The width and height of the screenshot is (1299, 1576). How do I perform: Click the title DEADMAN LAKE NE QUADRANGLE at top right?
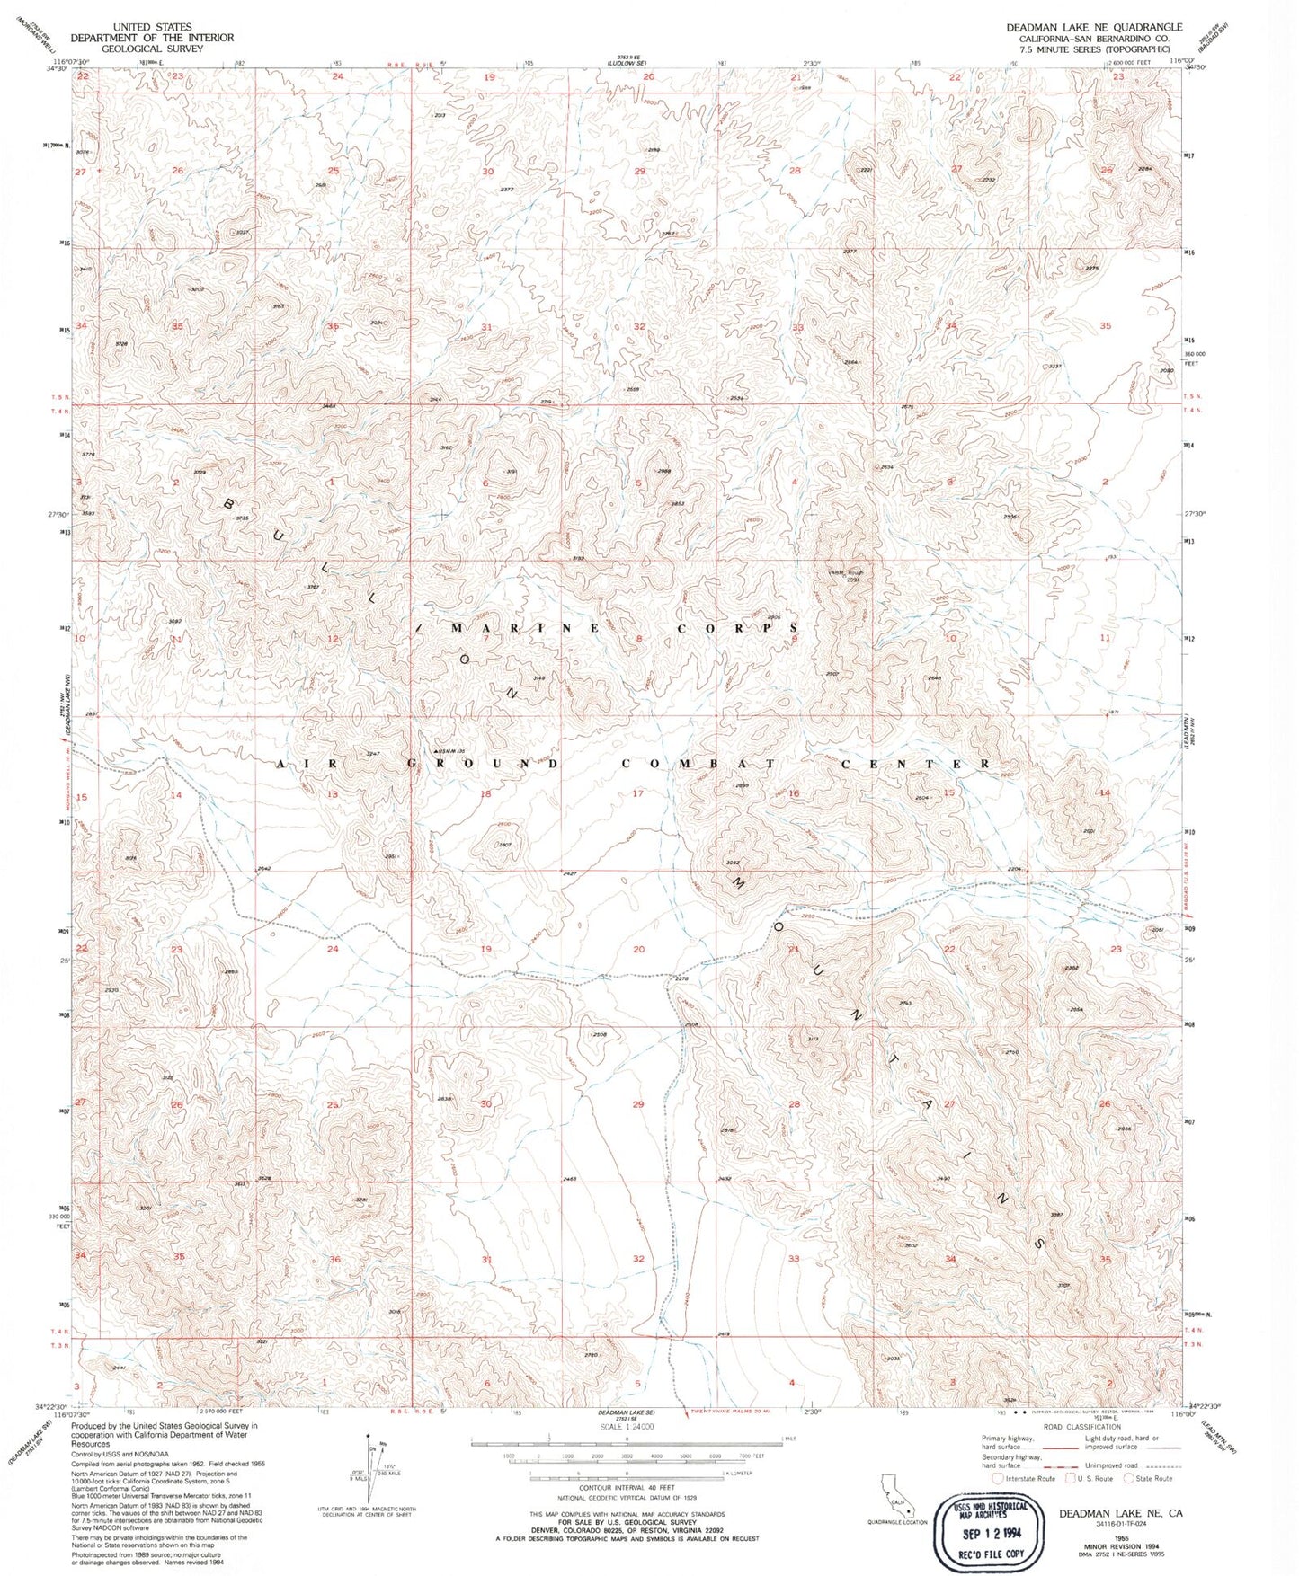point(1094,27)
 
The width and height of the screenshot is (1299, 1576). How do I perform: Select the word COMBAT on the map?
point(698,764)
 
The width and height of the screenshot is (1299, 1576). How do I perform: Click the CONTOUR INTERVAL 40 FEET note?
point(626,1488)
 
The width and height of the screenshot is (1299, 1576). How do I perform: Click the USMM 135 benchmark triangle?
point(438,751)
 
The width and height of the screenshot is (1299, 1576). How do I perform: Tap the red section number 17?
point(638,793)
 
